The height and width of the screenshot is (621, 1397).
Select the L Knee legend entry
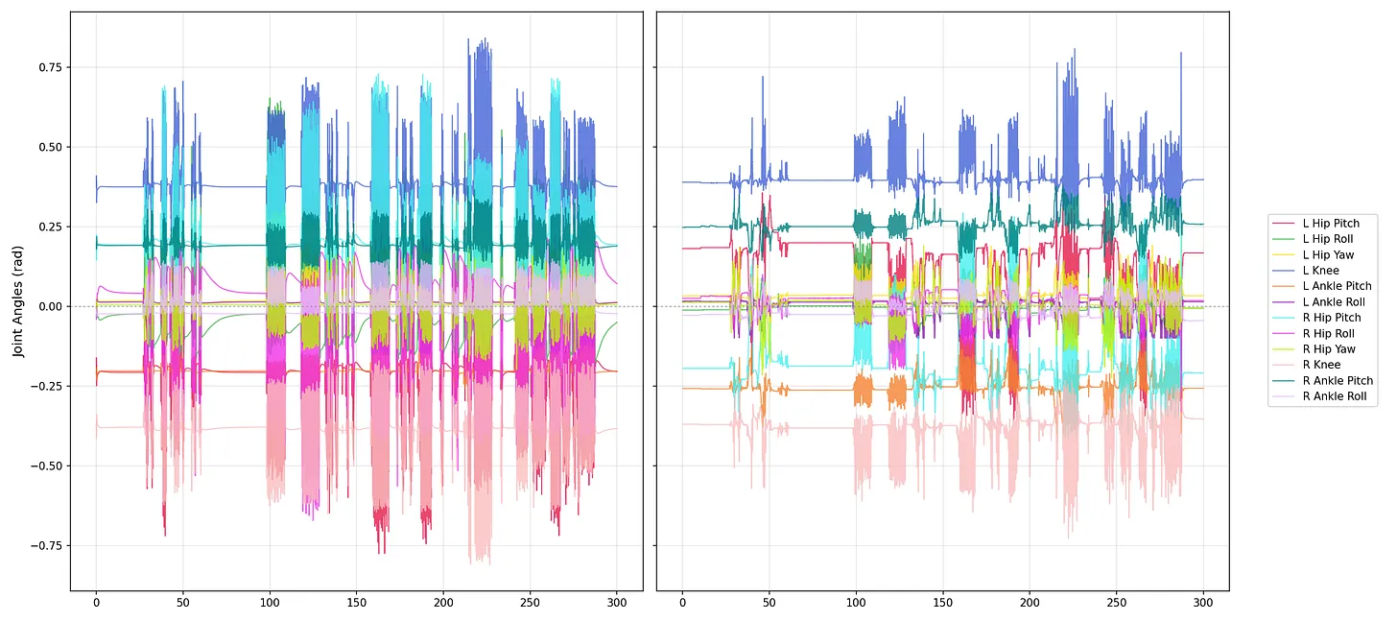[x=1320, y=271]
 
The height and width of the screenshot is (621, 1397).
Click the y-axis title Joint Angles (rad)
[x=18, y=301]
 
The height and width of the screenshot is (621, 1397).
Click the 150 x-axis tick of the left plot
[x=356, y=603]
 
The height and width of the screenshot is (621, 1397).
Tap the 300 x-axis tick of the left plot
[x=616, y=603]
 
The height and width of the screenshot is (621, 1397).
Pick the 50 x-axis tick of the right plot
[x=769, y=603]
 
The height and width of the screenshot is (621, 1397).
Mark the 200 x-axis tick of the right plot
[x=1029, y=603]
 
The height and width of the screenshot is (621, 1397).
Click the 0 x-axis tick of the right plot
[x=682, y=603]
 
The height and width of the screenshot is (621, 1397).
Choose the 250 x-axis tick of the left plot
[x=530, y=603]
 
